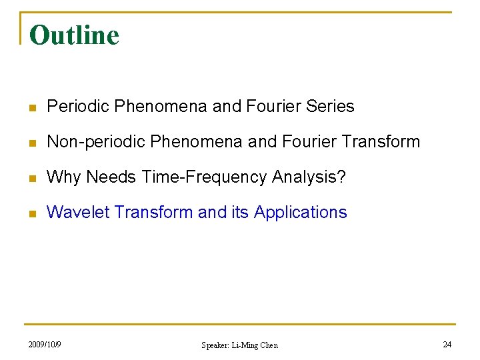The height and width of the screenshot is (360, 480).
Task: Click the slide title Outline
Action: coord(74,35)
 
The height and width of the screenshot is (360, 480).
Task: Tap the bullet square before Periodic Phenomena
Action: coord(32,107)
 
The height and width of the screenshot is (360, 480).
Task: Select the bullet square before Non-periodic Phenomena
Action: coord(32,142)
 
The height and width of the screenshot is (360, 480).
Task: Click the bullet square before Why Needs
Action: coord(32,177)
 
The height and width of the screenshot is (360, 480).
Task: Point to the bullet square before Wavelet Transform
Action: coord(32,213)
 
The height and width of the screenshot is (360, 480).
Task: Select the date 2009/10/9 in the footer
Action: coord(45,344)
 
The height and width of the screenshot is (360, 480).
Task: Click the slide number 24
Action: coord(447,344)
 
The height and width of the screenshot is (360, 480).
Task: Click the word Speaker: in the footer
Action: coord(215,345)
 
